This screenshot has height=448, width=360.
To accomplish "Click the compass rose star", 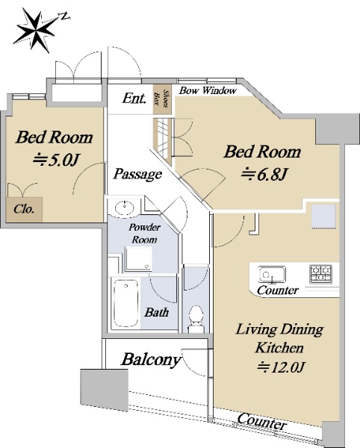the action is click(35, 30).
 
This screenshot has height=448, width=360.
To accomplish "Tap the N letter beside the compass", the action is click(66, 16).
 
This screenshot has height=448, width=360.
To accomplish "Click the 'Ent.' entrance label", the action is click(134, 99).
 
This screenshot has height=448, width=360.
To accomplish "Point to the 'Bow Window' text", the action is click(208, 90).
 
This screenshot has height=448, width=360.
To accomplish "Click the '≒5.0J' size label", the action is click(55, 161).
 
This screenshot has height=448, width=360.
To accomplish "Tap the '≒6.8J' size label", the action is click(264, 174).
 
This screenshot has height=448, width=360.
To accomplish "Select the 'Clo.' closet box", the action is click(25, 209).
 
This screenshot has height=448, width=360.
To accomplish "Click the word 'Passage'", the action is click(137, 174).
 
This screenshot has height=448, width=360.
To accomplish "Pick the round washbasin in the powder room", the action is click(124, 207).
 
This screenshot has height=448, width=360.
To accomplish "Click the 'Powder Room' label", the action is click(144, 233).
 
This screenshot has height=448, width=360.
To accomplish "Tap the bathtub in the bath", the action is click(125, 303).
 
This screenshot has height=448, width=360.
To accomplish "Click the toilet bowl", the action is click(196, 315).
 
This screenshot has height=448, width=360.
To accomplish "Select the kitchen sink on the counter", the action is click(272, 275).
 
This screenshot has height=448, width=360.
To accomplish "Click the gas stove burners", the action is click(320, 274).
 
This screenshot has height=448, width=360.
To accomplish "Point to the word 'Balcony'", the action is click(152, 359).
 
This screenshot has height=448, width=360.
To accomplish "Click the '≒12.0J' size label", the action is click(280, 367).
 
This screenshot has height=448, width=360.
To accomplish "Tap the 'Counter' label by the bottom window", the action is click(261, 421).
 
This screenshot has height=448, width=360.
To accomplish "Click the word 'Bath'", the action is click(156, 312).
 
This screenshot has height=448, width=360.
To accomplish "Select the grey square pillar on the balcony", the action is click(105, 391).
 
